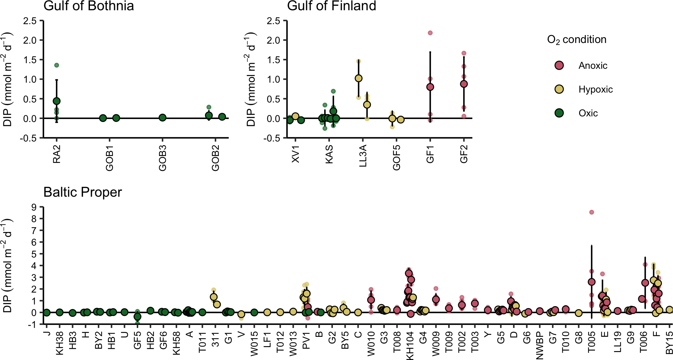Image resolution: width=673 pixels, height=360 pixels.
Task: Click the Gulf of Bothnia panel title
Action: pos(89,6)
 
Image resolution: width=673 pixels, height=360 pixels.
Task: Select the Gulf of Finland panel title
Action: pos(332,6)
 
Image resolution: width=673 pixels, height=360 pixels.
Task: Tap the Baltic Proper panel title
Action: pos(83,192)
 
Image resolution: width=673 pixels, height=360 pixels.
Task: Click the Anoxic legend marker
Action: pos(559,65)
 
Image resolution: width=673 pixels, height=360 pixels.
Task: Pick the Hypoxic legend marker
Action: pos(559,89)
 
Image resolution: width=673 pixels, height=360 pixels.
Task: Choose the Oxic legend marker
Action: pos(559,113)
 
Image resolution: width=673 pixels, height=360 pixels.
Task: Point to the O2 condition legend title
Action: pos(576,40)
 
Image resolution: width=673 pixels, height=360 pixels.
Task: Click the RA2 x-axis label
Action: pos(57,154)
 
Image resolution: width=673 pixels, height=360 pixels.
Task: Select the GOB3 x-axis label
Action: pos(162,158)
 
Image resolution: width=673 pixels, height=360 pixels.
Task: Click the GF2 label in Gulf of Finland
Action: pos(464,154)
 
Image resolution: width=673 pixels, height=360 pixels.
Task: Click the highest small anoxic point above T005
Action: pos(592,212)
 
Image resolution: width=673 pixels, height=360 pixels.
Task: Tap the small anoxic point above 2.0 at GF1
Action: pos(430,33)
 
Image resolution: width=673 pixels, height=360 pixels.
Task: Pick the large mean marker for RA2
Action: pos(57,101)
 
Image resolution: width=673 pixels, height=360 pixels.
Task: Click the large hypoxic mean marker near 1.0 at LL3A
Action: pos(358,78)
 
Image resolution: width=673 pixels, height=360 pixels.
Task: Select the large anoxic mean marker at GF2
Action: pos(464,84)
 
